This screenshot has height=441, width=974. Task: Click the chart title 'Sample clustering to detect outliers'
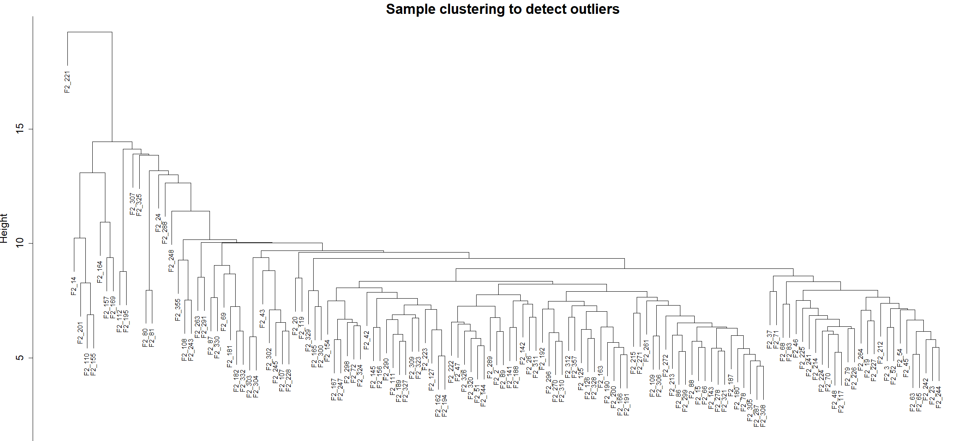(502, 9)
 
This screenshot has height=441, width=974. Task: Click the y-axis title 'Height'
(4, 228)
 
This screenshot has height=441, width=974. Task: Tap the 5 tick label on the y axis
(20, 358)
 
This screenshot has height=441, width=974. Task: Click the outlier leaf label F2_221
(67, 82)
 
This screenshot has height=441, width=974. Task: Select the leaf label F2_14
(74, 286)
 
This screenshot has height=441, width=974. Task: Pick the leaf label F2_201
(80, 333)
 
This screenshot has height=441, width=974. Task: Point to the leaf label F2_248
(172, 261)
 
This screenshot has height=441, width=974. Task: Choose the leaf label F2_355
(178, 310)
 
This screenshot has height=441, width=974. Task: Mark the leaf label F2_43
(263, 319)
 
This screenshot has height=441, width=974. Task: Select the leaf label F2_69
(224, 322)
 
